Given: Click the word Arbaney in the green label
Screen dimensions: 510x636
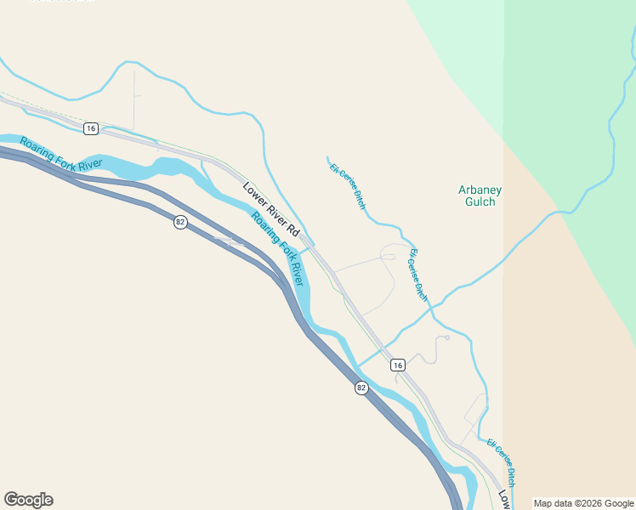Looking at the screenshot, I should [480, 190].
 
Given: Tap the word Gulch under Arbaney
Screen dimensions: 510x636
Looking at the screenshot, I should [480, 202].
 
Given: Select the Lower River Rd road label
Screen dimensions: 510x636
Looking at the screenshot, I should [271, 209].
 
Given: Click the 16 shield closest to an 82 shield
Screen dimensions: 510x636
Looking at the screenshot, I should [397, 365].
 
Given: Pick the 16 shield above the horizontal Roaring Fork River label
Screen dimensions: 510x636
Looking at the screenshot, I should [91, 128].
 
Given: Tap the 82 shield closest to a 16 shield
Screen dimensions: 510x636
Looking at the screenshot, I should [361, 388].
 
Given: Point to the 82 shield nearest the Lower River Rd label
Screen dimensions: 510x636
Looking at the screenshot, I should [179, 222].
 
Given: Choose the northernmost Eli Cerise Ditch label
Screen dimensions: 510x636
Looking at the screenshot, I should [348, 186].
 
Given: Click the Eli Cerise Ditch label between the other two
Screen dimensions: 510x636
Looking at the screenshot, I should [417, 275].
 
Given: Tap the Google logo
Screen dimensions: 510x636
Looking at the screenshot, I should [28, 500].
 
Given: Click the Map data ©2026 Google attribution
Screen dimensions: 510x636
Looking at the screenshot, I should [582, 503].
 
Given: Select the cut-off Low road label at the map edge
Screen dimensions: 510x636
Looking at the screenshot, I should [504, 499].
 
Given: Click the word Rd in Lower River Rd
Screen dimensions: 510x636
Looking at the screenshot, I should [293, 229].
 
